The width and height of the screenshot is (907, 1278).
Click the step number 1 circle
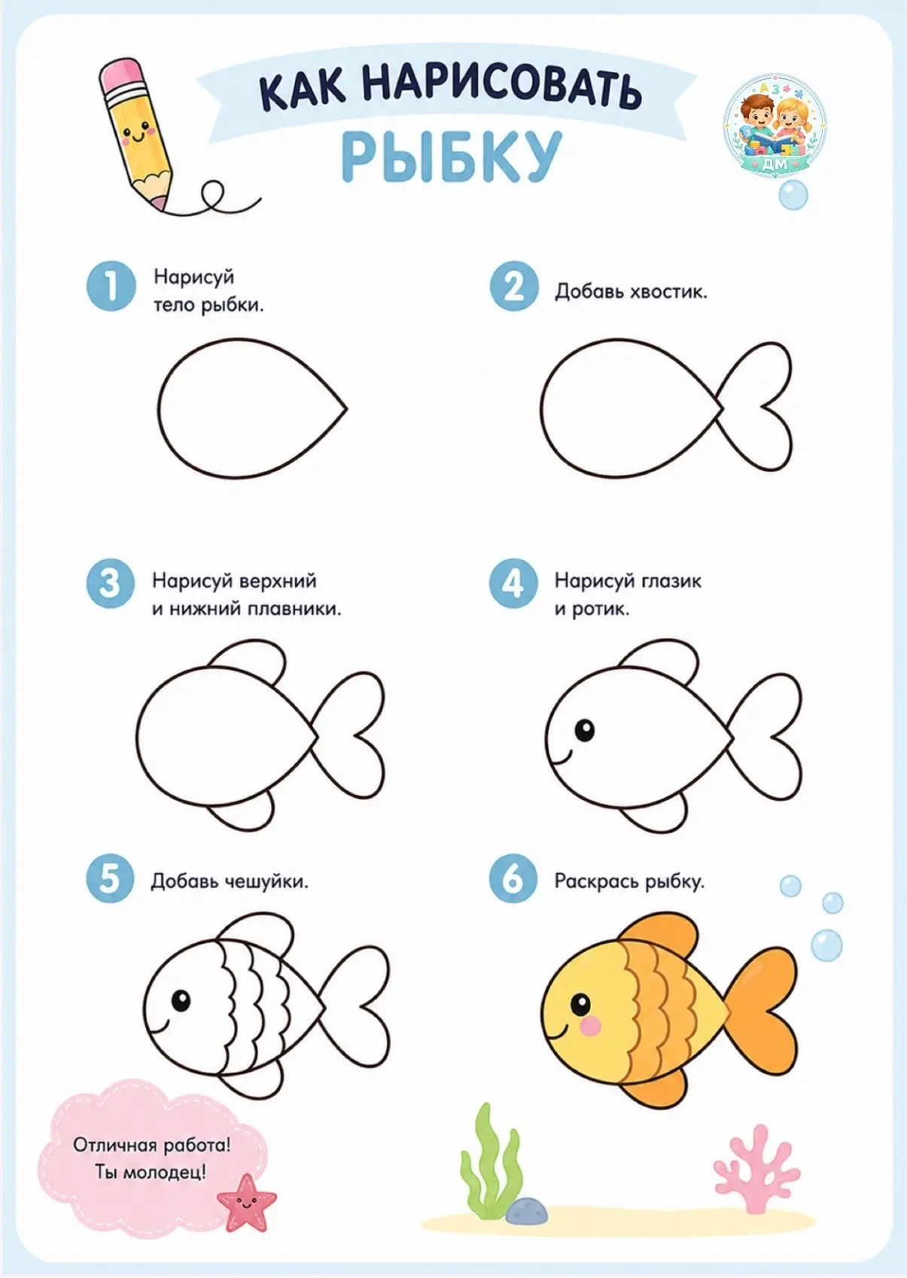(111, 286)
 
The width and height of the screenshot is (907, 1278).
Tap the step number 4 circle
(513, 583)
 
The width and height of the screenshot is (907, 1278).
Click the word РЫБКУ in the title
(452, 155)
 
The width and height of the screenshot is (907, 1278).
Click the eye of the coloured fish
(581, 1003)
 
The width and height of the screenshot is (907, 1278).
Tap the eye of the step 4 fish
(584, 730)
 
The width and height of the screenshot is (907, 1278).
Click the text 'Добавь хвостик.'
(631, 292)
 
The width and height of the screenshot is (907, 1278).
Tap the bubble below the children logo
(793, 195)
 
